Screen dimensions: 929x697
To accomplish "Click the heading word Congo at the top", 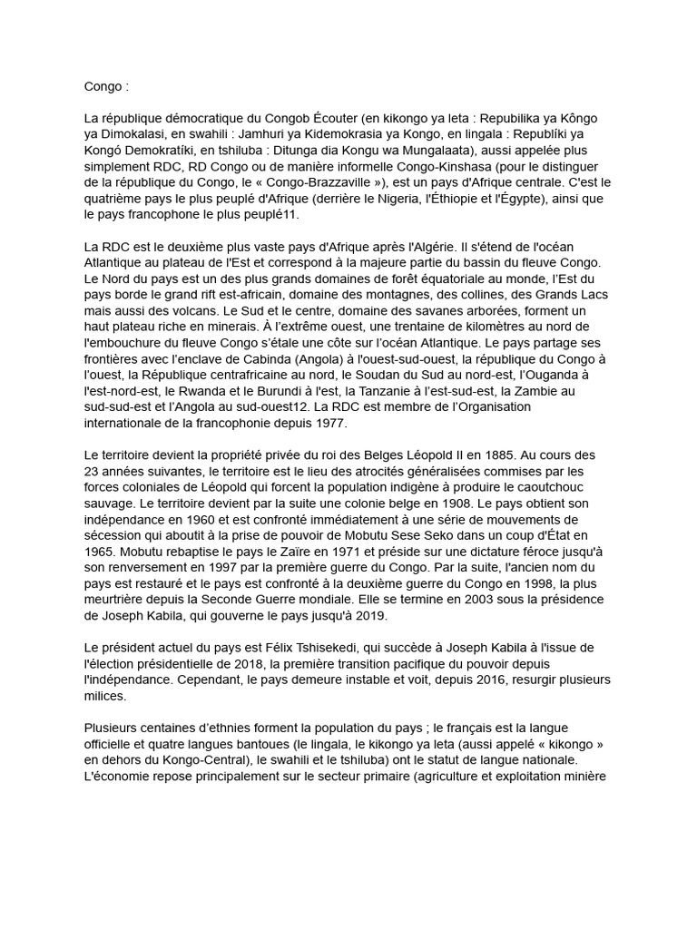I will (x=102, y=88).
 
